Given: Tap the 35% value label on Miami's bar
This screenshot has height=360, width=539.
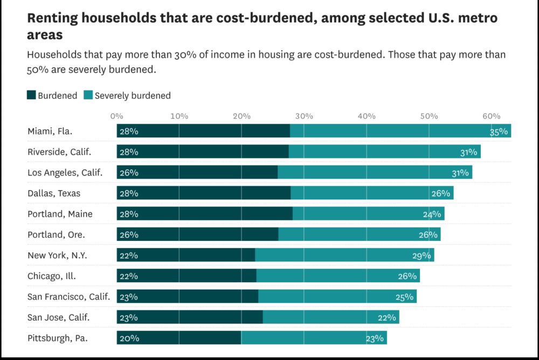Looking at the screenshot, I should click(x=499, y=131).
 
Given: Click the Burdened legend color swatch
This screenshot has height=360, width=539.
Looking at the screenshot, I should click(x=31, y=95).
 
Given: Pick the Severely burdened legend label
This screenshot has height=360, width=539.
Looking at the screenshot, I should click(x=133, y=95).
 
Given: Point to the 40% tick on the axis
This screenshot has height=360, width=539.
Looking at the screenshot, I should click(x=367, y=116).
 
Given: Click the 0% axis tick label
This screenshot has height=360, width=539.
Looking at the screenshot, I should click(x=116, y=116).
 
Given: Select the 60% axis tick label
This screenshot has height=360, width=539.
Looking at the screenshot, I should click(x=492, y=116).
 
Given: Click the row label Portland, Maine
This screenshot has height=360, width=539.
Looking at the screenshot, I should click(x=60, y=214).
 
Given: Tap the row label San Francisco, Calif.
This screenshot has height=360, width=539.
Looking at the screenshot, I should click(x=68, y=297).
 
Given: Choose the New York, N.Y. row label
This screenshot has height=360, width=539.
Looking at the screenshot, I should click(x=57, y=255).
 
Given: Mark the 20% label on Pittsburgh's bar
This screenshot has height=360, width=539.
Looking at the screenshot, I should click(x=129, y=338).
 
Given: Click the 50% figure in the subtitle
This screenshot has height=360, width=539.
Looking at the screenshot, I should click(x=37, y=70).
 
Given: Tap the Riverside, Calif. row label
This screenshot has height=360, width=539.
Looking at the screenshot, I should click(x=59, y=152).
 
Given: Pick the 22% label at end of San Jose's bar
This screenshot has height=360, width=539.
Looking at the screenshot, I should click(x=386, y=318).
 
